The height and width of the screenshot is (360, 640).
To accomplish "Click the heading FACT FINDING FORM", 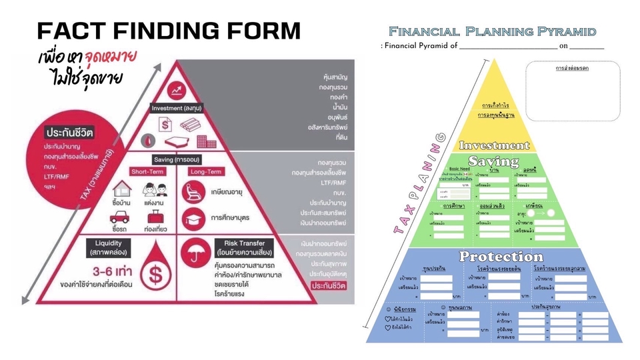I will (169, 31).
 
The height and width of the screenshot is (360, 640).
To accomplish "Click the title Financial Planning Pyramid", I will (492, 31).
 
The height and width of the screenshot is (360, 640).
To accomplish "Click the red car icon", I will (120, 217).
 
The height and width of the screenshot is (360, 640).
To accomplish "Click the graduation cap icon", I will (194, 217).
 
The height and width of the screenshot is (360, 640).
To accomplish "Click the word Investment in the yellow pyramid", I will (494, 145).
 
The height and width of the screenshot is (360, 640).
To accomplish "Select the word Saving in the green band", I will (494, 161).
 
